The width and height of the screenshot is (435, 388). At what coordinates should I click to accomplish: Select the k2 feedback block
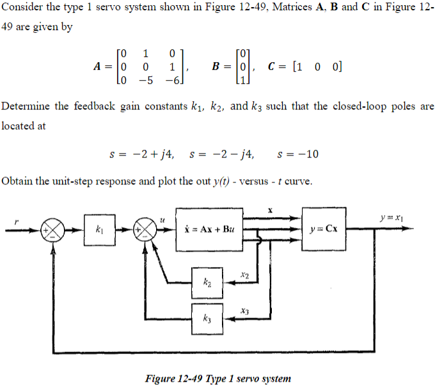tap(207, 282)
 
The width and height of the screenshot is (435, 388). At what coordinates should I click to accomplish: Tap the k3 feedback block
tap(207, 318)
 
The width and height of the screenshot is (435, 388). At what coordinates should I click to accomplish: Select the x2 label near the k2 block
tap(243, 275)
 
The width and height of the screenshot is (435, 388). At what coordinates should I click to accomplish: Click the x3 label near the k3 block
tap(243, 311)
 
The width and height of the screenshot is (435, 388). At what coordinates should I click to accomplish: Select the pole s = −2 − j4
tap(221, 154)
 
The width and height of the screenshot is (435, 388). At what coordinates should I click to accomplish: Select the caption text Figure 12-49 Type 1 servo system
tap(218, 378)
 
